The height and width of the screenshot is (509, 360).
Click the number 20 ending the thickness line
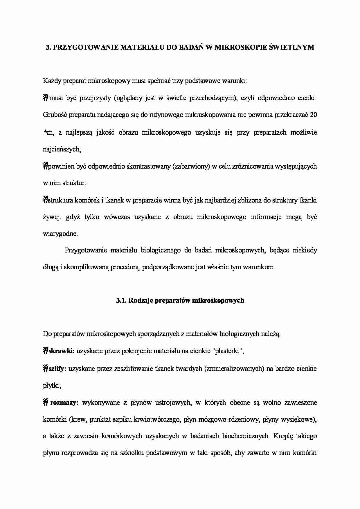pyautogui.click(x=313, y=115)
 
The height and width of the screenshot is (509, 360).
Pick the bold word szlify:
pyautogui.click(x=58, y=369)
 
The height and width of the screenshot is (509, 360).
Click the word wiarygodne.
pyautogui.click(x=60, y=234)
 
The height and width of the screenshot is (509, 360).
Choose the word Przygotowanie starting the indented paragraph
pyautogui.click(x=86, y=250)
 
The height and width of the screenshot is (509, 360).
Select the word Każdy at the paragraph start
pyautogui.click(x=51, y=81)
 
